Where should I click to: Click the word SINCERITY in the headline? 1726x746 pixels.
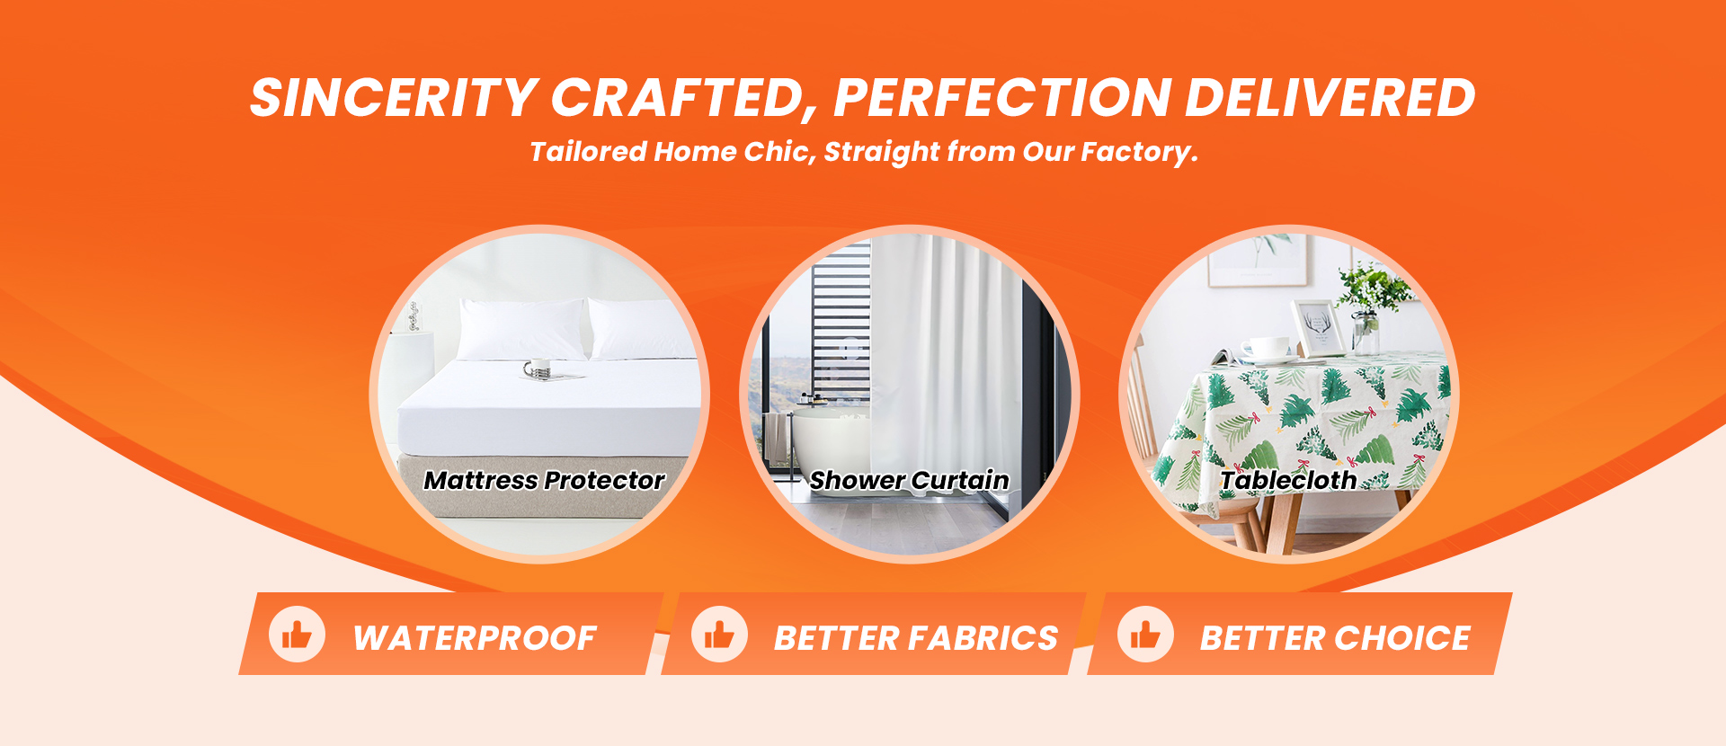393,98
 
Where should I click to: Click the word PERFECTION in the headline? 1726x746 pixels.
1002,98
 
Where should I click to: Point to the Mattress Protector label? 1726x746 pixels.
544,481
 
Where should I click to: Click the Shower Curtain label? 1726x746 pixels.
909,481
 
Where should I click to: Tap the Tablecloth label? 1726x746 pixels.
1288,481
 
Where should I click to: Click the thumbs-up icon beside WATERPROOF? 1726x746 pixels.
297,635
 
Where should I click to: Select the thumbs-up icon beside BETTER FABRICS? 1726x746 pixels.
719,635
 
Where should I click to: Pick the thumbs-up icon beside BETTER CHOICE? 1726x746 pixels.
1145,635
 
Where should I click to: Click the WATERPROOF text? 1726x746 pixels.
475,638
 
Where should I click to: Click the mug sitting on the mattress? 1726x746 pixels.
538,368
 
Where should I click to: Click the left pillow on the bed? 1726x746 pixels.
521,328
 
